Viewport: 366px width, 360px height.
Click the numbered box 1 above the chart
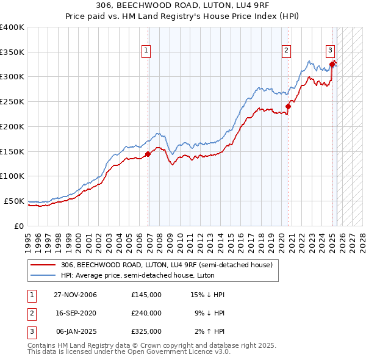[x=147, y=51]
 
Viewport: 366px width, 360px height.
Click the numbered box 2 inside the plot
[x=286, y=51]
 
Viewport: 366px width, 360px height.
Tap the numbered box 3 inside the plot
[x=330, y=51]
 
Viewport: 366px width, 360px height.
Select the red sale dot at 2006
[x=148, y=154]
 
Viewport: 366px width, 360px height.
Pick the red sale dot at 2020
[x=289, y=106]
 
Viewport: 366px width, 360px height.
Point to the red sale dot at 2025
[x=332, y=63]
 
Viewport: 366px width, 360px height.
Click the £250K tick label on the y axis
[x=12, y=101]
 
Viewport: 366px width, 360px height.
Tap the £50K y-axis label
[x=14, y=201]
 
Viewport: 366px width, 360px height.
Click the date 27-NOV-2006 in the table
[x=75, y=295]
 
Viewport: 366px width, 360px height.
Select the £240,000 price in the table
[x=146, y=313]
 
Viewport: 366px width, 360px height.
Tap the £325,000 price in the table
[x=146, y=331]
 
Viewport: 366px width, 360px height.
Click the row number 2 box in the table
[x=30, y=313]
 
